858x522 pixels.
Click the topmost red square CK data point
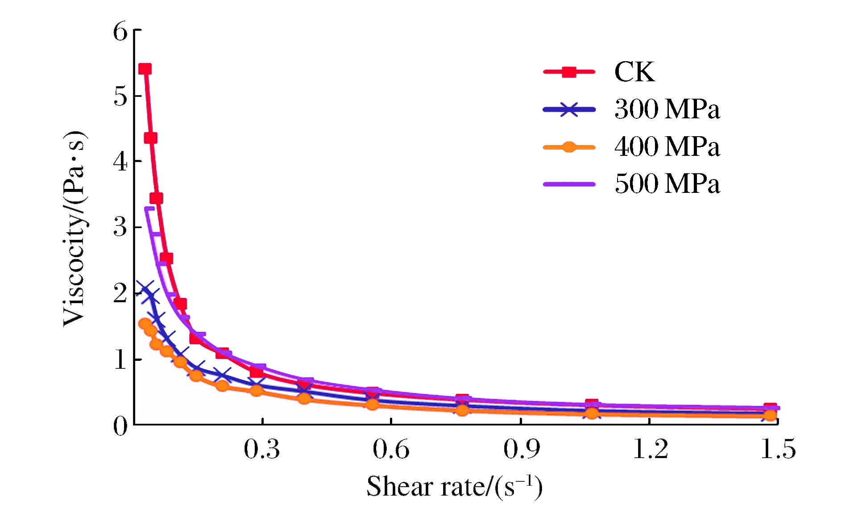click(145, 69)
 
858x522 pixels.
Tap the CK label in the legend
click(634, 72)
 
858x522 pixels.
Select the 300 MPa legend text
click(667, 109)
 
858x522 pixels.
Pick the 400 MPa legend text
click(667, 146)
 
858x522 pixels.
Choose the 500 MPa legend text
click(667, 184)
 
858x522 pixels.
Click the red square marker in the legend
click(569, 71)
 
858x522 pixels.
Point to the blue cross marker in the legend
click(569, 109)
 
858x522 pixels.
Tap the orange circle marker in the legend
click(569, 146)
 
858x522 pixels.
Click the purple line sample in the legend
click(569, 184)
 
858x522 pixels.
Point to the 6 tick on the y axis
click(120, 32)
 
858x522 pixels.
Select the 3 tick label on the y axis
click(120, 227)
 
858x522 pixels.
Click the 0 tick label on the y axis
click(120, 426)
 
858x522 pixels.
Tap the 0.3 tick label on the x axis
click(262, 449)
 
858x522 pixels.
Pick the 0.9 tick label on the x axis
click(521, 449)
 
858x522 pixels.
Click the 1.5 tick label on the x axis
click(778, 449)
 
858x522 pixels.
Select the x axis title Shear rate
click(454, 486)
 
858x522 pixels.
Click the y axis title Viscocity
click(75, 229)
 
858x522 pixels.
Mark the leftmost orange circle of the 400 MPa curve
click(145, 324)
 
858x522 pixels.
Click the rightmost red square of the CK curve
click(770, 408)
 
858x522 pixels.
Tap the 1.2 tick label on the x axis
click(651, 449)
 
